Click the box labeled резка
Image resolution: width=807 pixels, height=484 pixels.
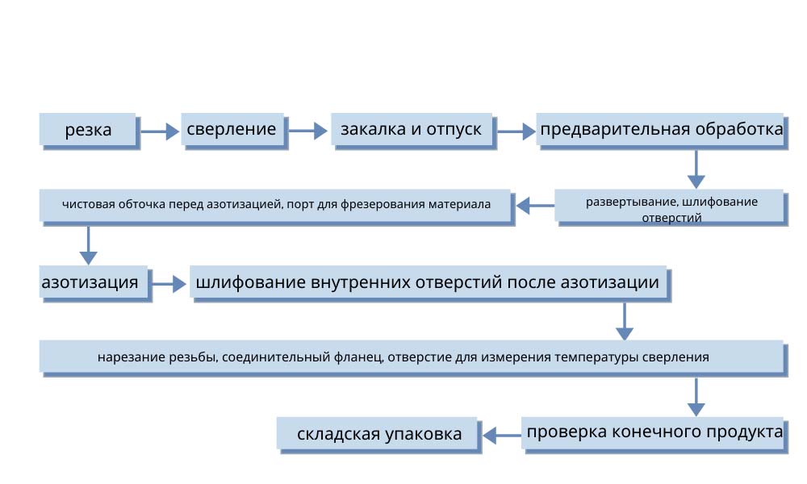click(x=88, y=130)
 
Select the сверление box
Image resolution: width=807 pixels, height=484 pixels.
click(x=234, y=130)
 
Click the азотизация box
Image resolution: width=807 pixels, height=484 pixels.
click(x=95, y=283)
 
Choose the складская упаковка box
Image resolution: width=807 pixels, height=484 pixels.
click(x=378, y=435)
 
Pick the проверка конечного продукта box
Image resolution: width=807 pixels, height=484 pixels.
click(x=654, y=435)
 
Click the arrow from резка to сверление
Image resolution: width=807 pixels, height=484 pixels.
click(x=160, y=131)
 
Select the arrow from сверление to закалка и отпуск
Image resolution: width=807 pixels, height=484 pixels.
click(x=307, y=131)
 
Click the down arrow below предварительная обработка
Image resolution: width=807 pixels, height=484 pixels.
click(x=696, y=169)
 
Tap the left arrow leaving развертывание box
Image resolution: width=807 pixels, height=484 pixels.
click(x=535, y=206)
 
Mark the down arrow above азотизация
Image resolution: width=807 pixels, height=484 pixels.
click(x=89, y=245)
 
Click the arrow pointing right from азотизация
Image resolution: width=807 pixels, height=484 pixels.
click(x=169, y=284)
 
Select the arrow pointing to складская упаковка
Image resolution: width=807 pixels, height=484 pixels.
click(x=502, y=436)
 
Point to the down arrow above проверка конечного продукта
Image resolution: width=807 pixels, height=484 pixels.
click(x=696, y=397)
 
